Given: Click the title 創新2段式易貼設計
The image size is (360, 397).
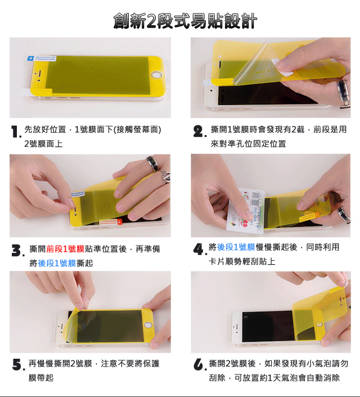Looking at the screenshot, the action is tap(185, 21).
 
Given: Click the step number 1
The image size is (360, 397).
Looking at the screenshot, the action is tap(16, 132).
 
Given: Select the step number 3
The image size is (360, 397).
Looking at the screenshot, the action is tap(17, 251).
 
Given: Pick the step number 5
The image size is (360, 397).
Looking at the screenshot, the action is tap(18, 365).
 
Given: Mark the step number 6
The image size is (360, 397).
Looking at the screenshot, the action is tap(199, 364).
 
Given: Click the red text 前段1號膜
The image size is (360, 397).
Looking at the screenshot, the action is tap(65, 249).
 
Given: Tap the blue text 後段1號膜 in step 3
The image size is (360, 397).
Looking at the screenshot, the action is tap(57, 264).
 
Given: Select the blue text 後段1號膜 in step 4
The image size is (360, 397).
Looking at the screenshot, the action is tap(236, 247).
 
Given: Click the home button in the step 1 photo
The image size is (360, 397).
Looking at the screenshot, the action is tap(156, 75).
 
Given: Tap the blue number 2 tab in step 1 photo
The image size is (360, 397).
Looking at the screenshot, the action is tap(30, 59).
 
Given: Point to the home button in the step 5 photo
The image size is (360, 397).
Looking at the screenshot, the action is tap(148, 325).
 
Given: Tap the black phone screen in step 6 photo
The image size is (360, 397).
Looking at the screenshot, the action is tap(268, 327).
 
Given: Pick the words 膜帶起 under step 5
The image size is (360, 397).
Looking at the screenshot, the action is tap(40, 378).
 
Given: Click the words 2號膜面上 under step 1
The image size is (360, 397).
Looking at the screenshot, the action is tap(43, 144).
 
